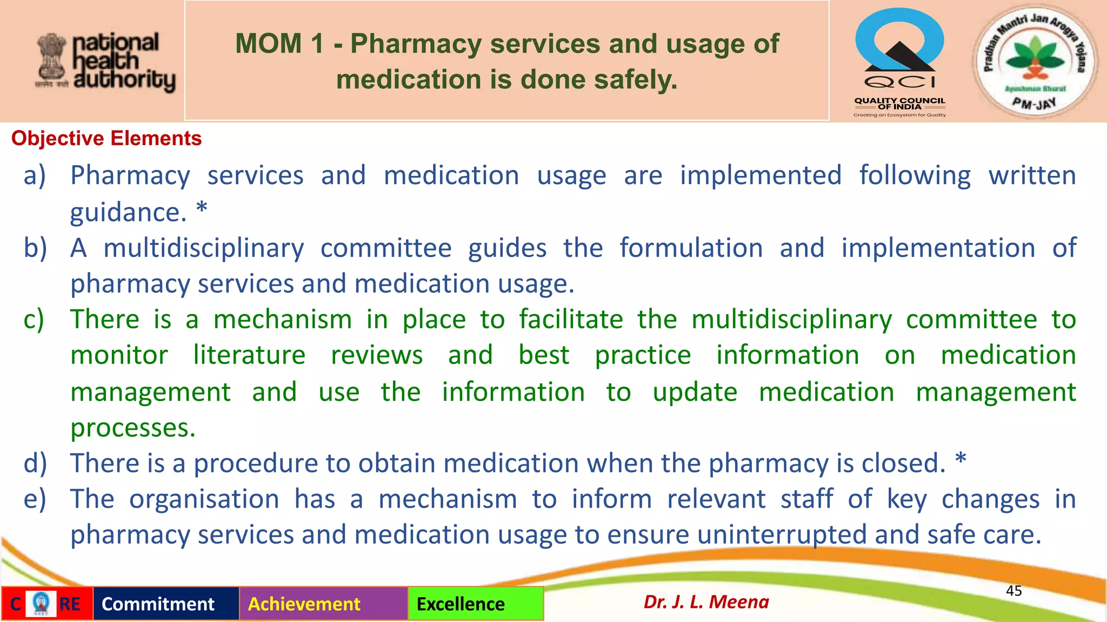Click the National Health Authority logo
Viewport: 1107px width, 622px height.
point(106,62)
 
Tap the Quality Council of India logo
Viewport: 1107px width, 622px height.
point(899,62)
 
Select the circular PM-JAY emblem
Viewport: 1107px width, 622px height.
point(1035,60)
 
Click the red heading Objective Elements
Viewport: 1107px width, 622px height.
point(106,139)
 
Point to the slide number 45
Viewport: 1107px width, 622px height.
point(1013,591)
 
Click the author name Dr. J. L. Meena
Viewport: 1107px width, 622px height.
point(706,602)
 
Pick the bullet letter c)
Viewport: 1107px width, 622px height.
point(34,320)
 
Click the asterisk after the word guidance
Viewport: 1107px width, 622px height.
point(202,208)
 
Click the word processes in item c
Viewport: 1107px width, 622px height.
point(132,428)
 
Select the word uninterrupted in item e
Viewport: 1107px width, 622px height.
point(782,535)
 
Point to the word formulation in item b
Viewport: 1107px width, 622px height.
point(691,248)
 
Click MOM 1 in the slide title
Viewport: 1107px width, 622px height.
point(279,44)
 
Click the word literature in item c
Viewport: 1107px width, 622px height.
point(249,356)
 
